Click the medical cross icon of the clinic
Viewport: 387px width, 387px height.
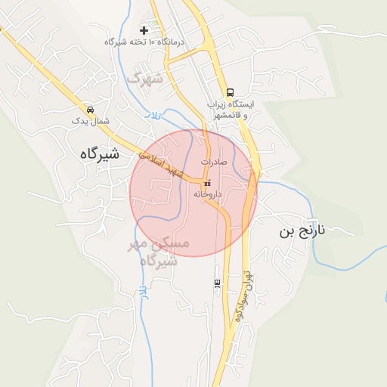pos(144,30)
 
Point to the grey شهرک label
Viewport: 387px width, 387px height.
pos(145,77)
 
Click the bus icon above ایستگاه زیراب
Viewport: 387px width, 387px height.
pos(230,92)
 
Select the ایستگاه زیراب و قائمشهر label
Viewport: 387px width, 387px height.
pos(231,110)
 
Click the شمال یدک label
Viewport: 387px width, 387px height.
pos(91,120)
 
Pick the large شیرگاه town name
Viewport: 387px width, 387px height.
pos(99,153)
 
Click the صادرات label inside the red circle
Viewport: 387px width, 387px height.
pos(215,162)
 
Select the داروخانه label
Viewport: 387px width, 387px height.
pos(207,194)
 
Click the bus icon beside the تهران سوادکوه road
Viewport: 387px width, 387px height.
pos(218,283)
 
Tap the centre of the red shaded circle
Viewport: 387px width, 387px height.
pos(193,193)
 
